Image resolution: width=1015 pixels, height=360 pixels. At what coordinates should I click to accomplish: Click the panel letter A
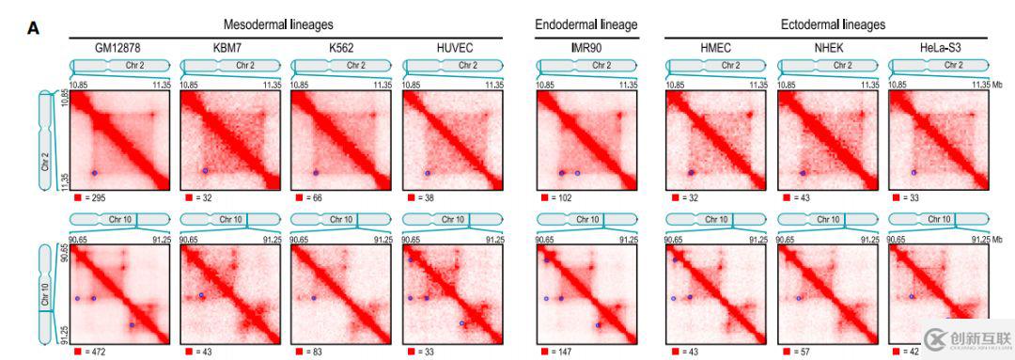point(33,28)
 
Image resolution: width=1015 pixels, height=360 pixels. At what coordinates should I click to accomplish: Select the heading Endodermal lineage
point(586,24)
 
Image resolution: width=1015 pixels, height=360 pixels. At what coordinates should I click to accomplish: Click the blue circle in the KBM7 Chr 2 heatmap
point(205,171)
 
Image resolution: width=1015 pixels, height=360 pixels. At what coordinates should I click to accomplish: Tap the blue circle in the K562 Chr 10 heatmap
point(314,299)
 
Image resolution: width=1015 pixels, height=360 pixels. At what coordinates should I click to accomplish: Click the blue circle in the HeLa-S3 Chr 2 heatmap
point(913,172)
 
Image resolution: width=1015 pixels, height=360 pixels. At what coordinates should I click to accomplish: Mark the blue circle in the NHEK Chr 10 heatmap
point(800,299)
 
